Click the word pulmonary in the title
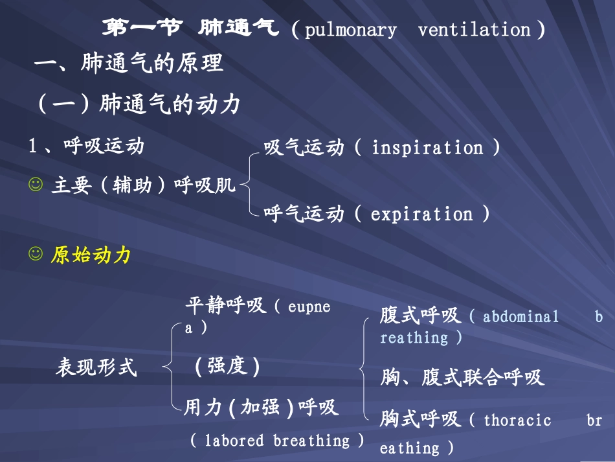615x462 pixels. coord(350,30)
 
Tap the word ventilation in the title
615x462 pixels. coord(474,30)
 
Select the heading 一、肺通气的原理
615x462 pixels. coord(129,64)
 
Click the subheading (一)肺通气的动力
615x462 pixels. coord(139,104)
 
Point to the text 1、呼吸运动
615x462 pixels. coord(86,146)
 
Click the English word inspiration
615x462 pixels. coord(427,148)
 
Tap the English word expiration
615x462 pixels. coord(421,214)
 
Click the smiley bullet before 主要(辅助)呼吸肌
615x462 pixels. coord(35,185)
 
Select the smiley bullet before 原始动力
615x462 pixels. coord(35,255)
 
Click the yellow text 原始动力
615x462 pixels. coord(91,255)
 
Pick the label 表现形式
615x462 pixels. coord(96,368)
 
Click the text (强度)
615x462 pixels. coord(227,367)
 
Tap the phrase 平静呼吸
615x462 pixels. coord(225,306)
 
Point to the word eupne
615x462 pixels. coord(309,306)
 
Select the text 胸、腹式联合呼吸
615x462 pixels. coord(462,377)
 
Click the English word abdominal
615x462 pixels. coord(520,317)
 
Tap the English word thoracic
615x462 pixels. coord(517,421)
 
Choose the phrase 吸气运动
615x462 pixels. coord(304,148)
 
